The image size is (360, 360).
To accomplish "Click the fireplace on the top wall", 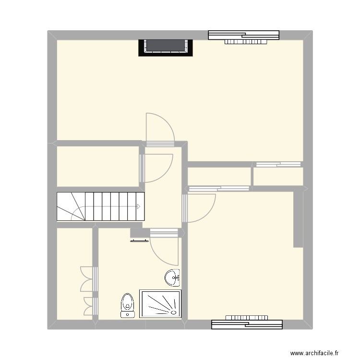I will click(166, 47).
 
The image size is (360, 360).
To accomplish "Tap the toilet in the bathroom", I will click(127, 304).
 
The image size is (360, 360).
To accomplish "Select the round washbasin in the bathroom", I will click(172, 277).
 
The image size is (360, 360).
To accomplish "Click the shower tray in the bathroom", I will click(160, 303).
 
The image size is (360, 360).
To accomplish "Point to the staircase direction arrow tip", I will click(139, 207).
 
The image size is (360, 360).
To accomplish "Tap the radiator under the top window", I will click(245, 42).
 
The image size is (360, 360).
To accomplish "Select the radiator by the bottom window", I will click(246, 317).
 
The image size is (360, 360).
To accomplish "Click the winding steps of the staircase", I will click(70, 207).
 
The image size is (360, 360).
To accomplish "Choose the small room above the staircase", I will click(97, 166).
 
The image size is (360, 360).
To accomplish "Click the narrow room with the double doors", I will click(74, 274).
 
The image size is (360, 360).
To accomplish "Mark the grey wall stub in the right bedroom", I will click(298, 218).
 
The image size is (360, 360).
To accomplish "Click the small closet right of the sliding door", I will click(278, 176).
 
